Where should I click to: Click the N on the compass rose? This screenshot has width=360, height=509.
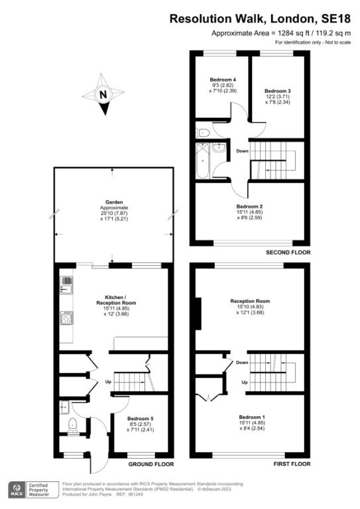103,95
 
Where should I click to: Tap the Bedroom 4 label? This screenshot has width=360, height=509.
223,80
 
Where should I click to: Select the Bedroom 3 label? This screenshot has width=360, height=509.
278,91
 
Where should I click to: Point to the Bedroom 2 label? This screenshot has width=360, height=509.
249,207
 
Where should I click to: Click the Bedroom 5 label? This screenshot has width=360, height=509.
141,419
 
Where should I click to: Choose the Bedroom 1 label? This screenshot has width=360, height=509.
252,417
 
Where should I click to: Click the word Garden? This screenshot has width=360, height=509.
114,202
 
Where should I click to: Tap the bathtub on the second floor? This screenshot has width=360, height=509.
203,160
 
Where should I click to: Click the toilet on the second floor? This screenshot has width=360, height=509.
203,133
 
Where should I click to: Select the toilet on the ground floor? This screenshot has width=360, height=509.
72,425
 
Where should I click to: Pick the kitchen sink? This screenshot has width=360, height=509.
66,286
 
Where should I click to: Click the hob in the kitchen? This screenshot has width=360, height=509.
66,318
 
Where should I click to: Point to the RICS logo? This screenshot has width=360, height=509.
17,490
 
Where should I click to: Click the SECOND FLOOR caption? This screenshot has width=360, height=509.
288,253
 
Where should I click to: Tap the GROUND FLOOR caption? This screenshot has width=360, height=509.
151,464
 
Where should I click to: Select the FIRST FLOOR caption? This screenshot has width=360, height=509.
292,464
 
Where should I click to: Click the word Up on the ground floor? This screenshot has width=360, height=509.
108,382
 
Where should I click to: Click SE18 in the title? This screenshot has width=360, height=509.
335,19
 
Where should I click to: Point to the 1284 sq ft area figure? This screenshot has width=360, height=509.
287,33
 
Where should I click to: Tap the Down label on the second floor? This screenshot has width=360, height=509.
242,151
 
